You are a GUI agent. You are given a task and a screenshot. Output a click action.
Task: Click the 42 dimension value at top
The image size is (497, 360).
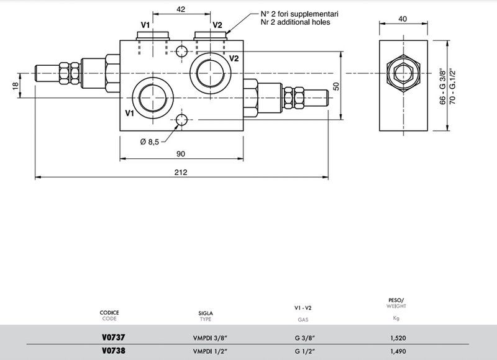[181, 9]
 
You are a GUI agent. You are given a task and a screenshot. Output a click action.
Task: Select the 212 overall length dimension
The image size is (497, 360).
[181, 173]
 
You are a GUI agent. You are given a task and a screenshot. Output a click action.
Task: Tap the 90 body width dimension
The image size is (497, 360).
[181, 154]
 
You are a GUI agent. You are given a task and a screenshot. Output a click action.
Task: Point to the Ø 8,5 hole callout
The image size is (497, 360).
[149, 142]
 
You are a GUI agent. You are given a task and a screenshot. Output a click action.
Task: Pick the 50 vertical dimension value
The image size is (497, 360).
[336, 86]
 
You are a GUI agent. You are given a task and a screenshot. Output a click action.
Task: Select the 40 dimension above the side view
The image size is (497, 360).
[403, 19]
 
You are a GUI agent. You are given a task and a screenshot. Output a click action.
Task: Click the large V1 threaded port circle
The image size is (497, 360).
[153, 98]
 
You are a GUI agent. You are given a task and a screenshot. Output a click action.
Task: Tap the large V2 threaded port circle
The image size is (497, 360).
[211, 73]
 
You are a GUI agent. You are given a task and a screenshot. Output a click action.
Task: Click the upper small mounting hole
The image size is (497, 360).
[181, 51]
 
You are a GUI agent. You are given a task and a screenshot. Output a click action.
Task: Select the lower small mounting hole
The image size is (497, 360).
[181, 120]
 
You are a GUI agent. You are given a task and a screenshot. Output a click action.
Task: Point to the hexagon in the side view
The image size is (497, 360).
[403, 73]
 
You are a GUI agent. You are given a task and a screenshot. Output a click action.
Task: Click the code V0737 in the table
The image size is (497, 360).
[114, 338]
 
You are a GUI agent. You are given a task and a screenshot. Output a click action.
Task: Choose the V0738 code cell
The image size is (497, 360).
[114, 351]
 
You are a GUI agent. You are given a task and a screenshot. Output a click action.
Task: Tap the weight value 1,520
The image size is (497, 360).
[398, 338]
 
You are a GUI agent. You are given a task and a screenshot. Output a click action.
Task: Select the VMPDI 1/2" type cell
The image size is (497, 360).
[211, 351]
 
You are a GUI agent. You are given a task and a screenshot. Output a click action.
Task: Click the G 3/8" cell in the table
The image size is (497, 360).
[305, 338]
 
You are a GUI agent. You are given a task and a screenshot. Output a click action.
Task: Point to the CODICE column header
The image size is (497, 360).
[109, 312]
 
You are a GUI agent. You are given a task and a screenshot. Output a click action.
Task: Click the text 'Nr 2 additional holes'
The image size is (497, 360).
[295, 22]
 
